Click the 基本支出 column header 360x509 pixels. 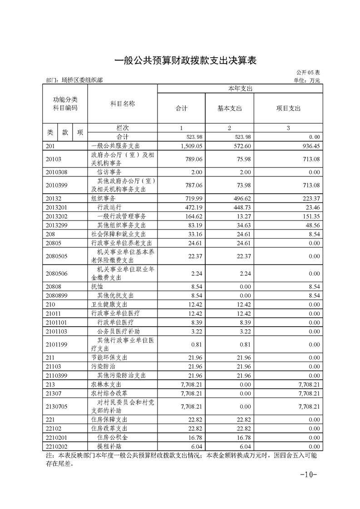pos(230,108)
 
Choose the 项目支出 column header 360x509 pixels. pos(288,108)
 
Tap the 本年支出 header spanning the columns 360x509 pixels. pos(240,88)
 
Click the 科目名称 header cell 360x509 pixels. pos(123,104)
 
